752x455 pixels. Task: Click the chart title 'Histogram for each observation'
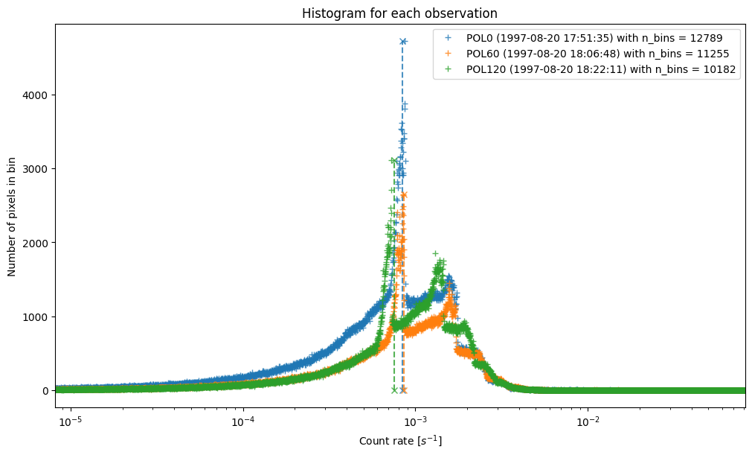pyautogui.click(x=399, y=13)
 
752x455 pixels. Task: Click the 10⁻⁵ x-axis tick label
pyautogui.click(x=71, y=421)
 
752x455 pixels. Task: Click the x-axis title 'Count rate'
pyautogui.click(x=400, y=441)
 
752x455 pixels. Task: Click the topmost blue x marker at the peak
pyautogui.click(x=403, y=42)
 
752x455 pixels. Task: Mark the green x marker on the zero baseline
pyautogui.click(x=394, y=390)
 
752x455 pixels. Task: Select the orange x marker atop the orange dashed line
pyautogui.click(x=404, y=195)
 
